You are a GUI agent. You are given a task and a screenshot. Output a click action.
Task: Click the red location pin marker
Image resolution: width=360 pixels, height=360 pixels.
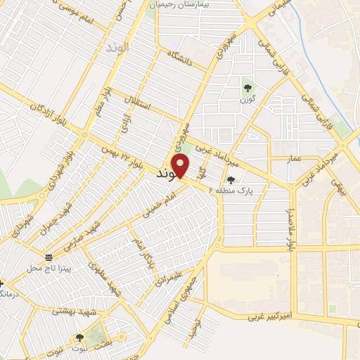[181, 167]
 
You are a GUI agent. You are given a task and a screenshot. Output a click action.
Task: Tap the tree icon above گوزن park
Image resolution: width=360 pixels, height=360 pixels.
[247, 87]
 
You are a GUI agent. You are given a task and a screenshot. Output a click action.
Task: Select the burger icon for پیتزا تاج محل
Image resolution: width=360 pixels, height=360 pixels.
[48, 257]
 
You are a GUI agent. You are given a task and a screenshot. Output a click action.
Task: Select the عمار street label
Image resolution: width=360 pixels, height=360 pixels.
[295, 160]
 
